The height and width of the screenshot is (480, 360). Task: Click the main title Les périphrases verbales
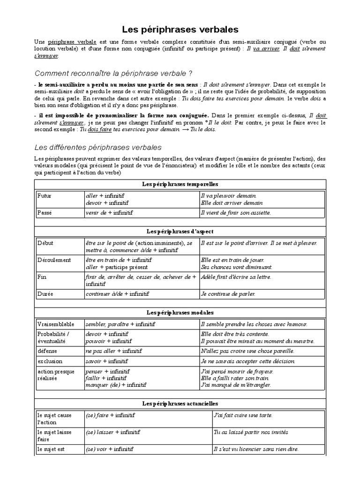[180, 30]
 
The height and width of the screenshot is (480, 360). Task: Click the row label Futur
[45, 195]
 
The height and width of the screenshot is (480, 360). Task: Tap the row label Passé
[45, 212]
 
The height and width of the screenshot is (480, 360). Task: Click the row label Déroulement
[54, 260]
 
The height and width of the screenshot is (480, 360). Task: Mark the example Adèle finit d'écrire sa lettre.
[235, 277]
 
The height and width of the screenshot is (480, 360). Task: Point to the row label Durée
[46, 293]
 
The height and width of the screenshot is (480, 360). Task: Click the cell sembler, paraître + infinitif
[120, 323]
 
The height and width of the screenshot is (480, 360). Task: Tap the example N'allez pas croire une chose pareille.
[247, 351]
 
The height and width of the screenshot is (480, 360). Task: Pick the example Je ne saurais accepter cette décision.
[247, 361]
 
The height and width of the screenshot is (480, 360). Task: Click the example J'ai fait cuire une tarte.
[243, 415]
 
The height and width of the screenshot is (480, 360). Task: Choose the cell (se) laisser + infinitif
[112, 432]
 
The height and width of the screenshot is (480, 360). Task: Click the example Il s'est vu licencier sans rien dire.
[255, 449]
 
